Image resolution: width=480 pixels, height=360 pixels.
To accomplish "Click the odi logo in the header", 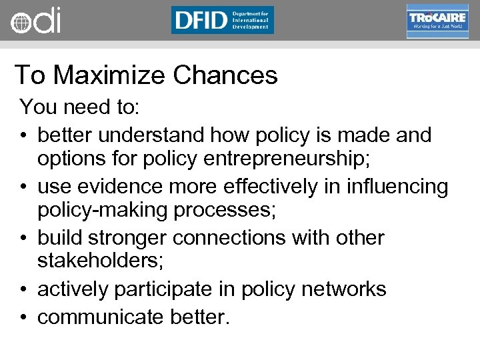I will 35,20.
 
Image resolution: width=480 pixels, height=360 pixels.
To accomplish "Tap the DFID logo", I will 222,20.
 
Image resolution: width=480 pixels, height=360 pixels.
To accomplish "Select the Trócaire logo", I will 437,21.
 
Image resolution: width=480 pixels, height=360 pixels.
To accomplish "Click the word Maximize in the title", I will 110,75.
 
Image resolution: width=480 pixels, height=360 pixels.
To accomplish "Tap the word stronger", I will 139,238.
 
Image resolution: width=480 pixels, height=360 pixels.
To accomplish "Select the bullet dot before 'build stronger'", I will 23,239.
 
